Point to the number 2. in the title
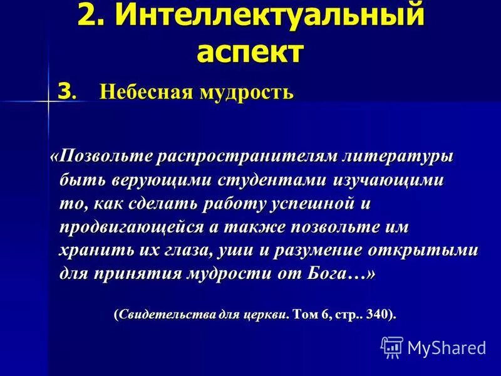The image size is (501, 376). (94, 15)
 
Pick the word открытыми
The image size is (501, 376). (425, 251)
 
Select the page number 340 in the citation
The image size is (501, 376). (377, 313)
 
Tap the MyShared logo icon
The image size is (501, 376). (391, 346)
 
